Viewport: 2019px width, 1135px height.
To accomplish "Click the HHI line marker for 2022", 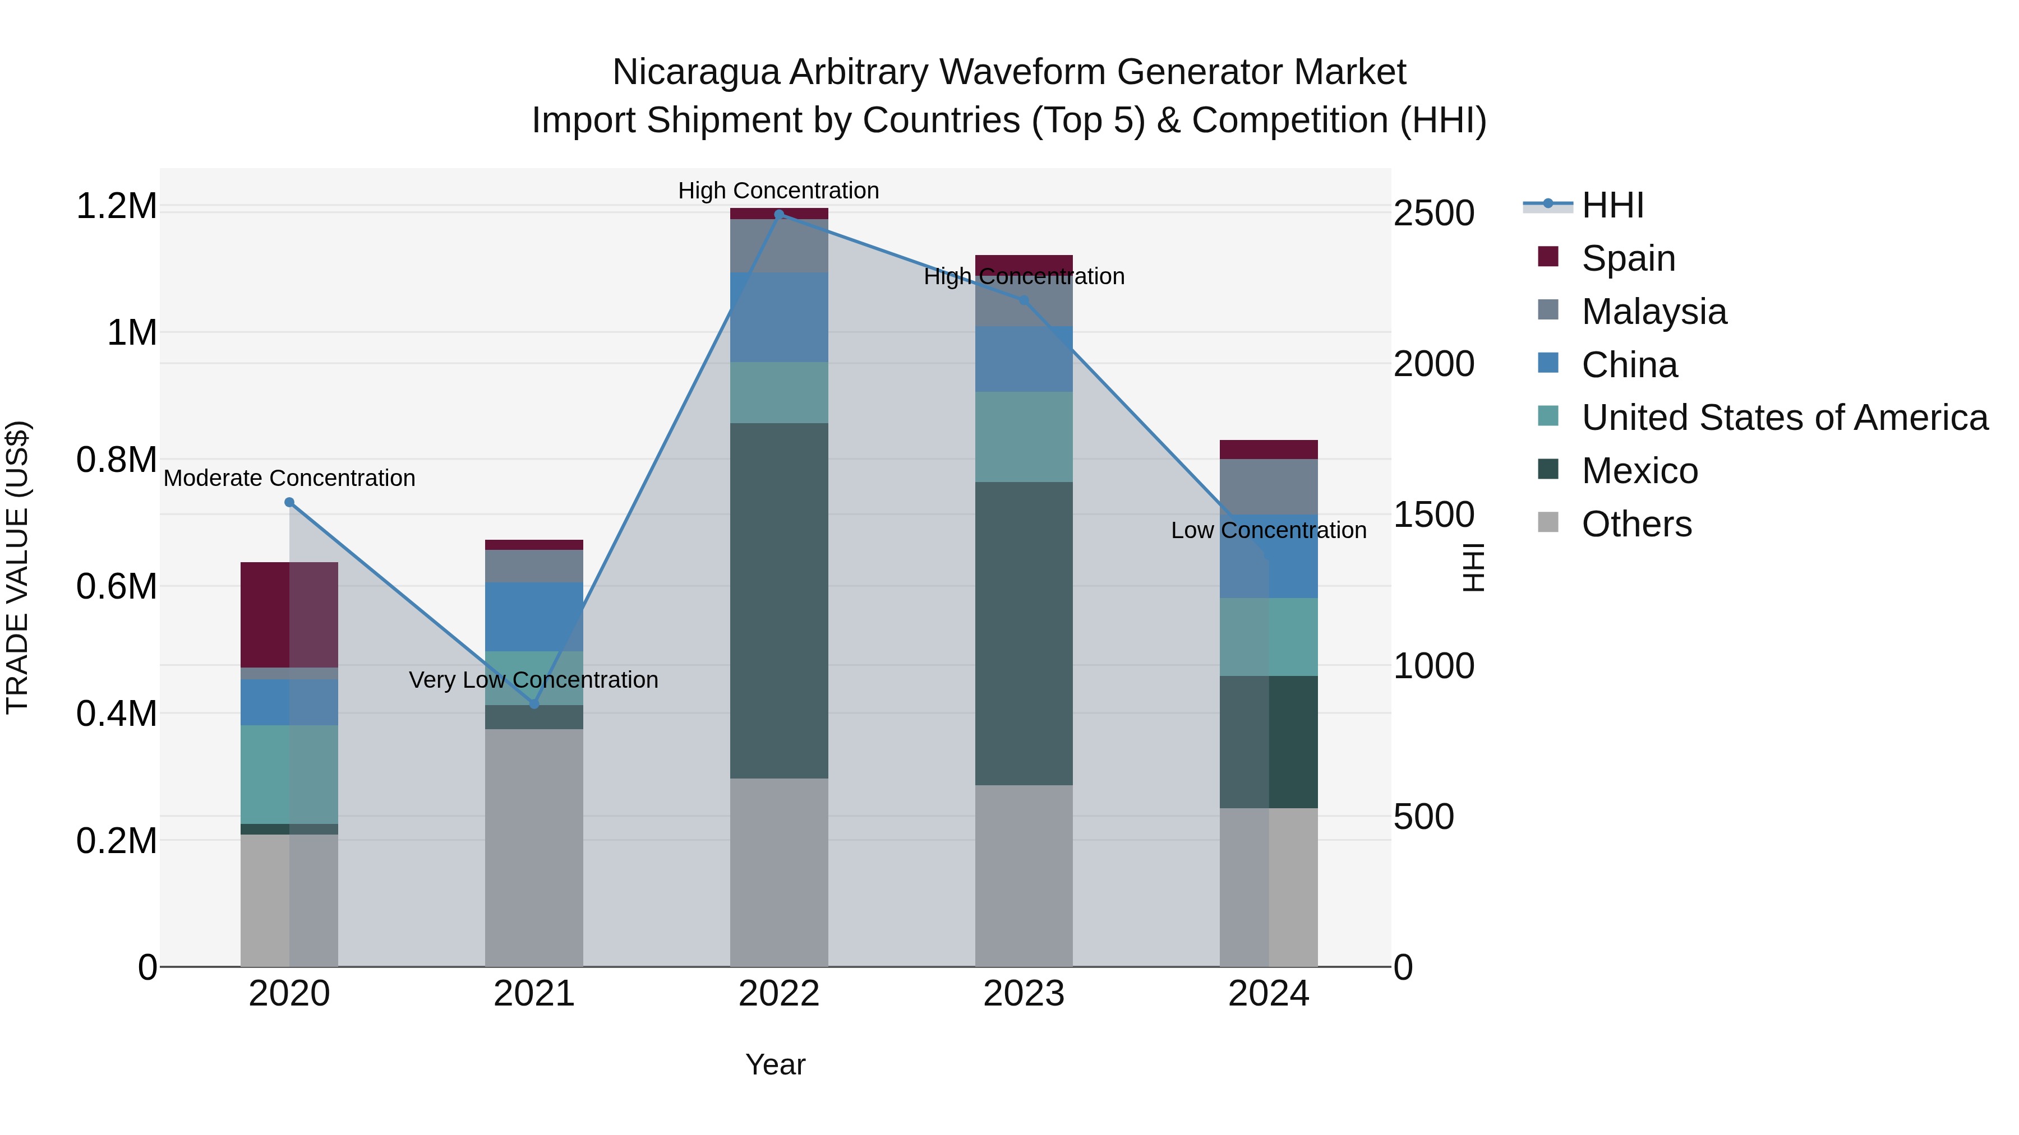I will (x=779, y=215).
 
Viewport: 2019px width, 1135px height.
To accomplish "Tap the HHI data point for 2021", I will (x=534, y=704).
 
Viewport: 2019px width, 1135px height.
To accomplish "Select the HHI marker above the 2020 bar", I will (x=289, y=502).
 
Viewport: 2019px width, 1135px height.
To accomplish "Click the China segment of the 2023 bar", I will (x=1024, y=359).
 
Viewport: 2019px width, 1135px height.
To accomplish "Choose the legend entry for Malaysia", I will (x=1654, y=312).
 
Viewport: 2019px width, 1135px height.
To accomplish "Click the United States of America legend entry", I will (x=1785, y=418).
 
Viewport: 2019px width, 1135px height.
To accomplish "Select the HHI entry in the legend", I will (x=1612, y=205).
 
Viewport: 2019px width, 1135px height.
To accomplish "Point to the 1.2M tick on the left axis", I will (x=116, y=206).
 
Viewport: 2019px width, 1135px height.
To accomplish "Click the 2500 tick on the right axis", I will (x=1433, y=213).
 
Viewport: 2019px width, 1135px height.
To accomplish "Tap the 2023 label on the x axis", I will (x=1024, y=994).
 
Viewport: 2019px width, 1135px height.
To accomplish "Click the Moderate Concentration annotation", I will (x=289, y=478).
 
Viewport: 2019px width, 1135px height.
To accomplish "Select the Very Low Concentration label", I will (x=534, y=680).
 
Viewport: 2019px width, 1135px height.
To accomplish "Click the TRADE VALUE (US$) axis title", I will (x=18, y=567).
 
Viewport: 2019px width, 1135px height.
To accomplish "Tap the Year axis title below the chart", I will (x=775, y=1064).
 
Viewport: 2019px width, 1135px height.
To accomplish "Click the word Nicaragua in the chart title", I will (x=695, y=72).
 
